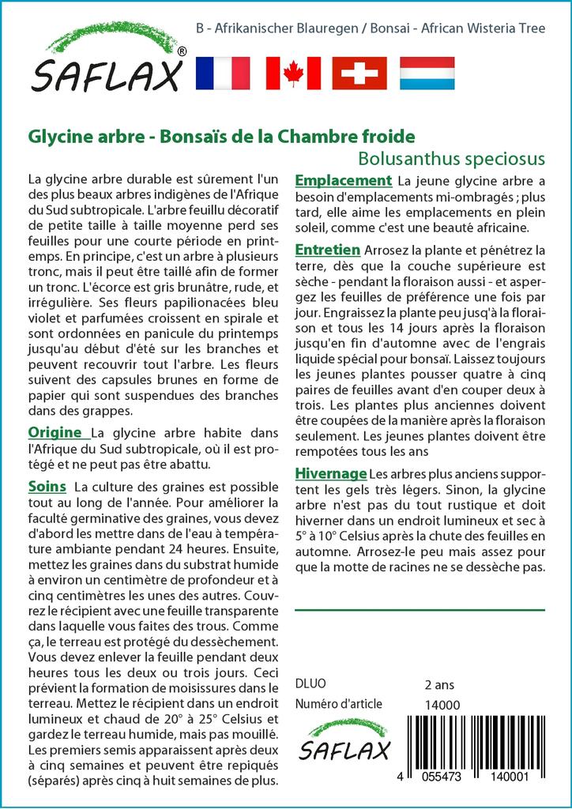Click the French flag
tap(221, 73)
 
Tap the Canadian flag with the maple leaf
tap(293, 73)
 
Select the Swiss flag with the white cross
tap(359, 73)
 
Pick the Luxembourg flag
tap(427, 73)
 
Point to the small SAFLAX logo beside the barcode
tap(344, 739)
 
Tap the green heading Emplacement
tap(343, 180)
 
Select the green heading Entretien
tap(328, 250)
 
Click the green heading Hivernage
tap(330, 473)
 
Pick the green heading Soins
tap(47, 484)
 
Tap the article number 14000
tap(442, 705)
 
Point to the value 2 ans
tap(439, 684)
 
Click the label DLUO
tap(310, 684)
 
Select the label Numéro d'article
tap(338, 705)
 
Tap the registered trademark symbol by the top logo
tap(182, 51)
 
